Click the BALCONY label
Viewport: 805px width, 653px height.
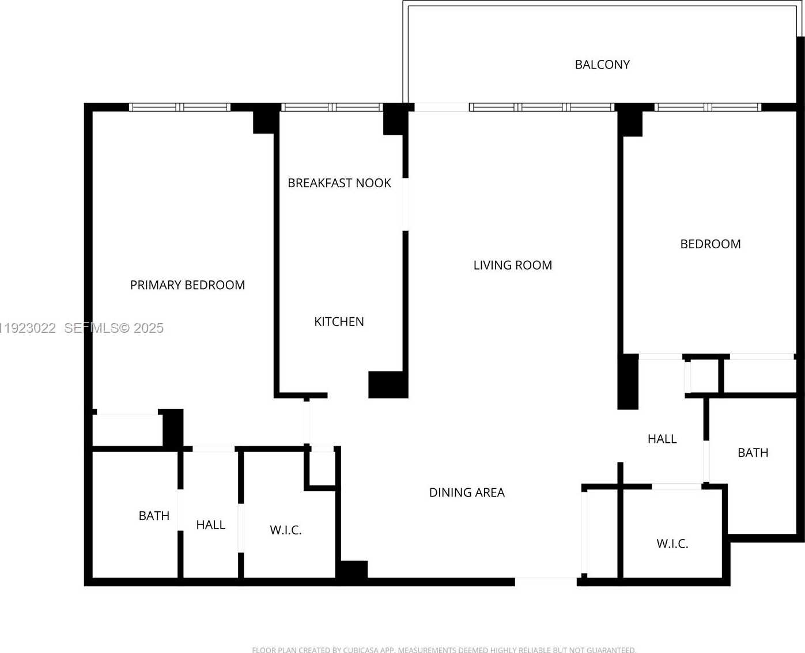(602, 64)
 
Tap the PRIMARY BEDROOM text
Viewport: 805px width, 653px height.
(187, 285)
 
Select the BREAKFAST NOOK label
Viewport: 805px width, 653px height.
(339, 183)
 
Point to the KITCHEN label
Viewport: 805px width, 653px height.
(339, 321)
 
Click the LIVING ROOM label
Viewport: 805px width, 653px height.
(512, 265)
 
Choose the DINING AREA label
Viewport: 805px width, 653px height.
(467, 492)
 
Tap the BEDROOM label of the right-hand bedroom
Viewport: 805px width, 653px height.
(710, 244)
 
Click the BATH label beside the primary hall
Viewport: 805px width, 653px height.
(154, 516)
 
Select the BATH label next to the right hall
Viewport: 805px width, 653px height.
(753, 453)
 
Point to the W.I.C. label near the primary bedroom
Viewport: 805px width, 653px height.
(285, 530)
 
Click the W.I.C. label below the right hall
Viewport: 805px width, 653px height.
(672, 544)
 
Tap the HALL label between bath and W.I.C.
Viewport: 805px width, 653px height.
(210, 525)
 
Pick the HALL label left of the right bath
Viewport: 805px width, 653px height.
(662, 439)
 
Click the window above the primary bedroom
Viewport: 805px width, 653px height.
(179, 107)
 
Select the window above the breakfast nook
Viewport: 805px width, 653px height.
(332, 107)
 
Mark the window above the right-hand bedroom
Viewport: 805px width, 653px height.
(708, 107)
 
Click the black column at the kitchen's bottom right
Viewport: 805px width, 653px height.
(388, 384)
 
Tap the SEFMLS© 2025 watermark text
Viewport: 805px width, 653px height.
(114, 328)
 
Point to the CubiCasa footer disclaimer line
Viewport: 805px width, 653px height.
(444, 650)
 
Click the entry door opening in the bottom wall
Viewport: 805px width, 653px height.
(545, 582)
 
